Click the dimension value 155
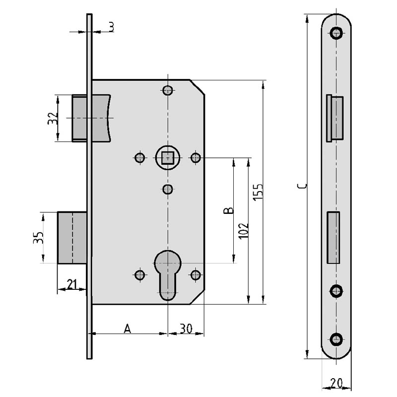[258, 193]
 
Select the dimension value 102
[244, 231]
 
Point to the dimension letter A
[128, 329]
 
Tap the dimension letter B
[229, 210]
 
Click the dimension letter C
[302, 187]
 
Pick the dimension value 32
[53, 118]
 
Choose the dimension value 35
[39, 238]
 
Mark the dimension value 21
[72, 284]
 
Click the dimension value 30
[186, 329]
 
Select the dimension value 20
[336, 383]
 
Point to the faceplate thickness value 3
[111, 27]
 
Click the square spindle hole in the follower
[168, 158]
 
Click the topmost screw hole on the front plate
[336, 33]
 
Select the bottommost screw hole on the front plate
[336, 339]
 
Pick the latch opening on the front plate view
[334, 118]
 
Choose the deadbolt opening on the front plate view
[333, 238]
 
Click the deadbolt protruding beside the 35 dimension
[72, 238]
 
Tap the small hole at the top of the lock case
[168, 90]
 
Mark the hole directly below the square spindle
[168, 189]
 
